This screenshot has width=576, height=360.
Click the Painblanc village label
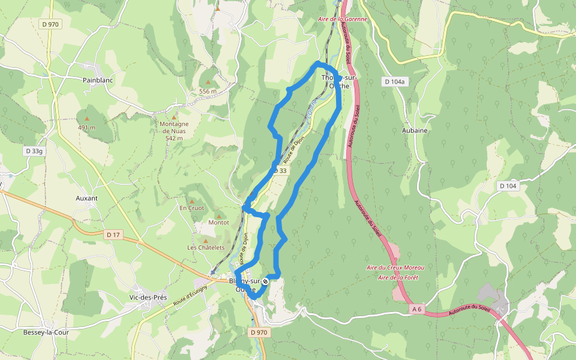tap(95, 79)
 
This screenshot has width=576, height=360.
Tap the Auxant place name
tap(87, 197)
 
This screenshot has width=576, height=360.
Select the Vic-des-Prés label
tap(148, 297)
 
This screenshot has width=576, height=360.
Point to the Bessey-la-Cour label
tap(47, 332)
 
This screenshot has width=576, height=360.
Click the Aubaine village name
tap(414, 130)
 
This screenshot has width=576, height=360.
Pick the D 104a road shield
tap(394, 82)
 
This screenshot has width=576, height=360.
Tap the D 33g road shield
tap(34, 151)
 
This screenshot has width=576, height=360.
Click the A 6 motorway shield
tap(418, 308)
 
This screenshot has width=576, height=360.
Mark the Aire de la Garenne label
tap(343, 19)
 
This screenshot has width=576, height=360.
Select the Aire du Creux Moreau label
tap(395, 268)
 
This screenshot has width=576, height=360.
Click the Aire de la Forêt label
tap(398, 277)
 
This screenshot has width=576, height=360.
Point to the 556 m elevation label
tap(208, 91)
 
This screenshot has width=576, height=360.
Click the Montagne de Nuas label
tap(174, 128)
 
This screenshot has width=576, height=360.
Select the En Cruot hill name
tap(192, 208)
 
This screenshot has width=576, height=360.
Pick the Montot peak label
tap(218, 223)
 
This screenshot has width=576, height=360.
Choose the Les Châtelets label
tap(206, 247)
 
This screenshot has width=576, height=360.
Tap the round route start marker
tap(265, 281)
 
